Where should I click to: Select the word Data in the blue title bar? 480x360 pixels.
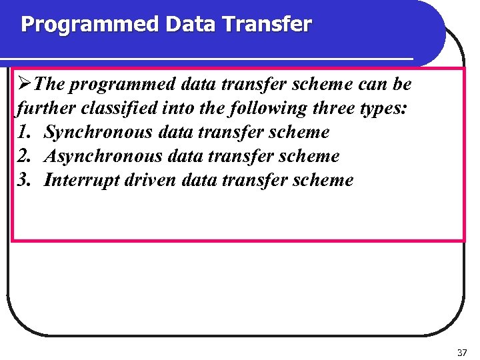[x=191, y=25]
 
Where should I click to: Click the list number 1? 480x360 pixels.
[x=24, y=132]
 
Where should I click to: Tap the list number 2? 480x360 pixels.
[x=24, y=156]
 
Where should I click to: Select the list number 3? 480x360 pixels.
[x=24, y=180]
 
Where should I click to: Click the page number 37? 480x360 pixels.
[x=463, y=351]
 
